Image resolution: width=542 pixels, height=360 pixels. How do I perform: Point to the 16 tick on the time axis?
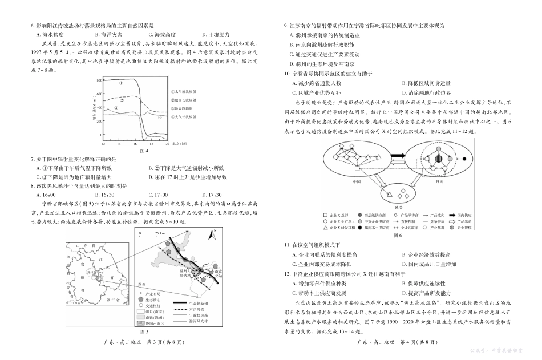(x=135, y=143)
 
